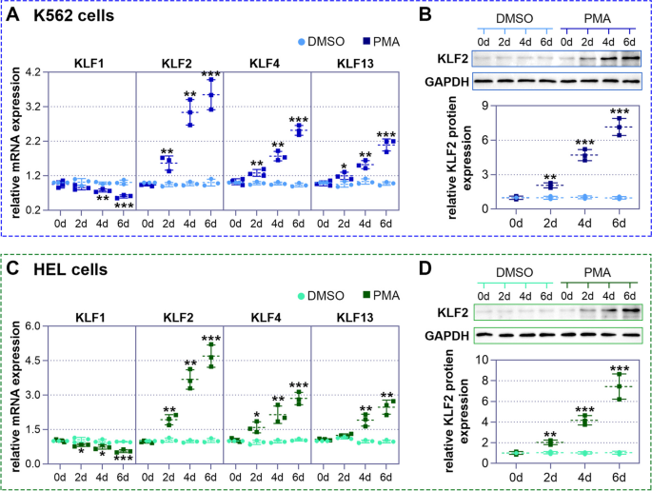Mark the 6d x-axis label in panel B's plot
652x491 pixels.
620,225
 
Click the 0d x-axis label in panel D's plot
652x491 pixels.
515,476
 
